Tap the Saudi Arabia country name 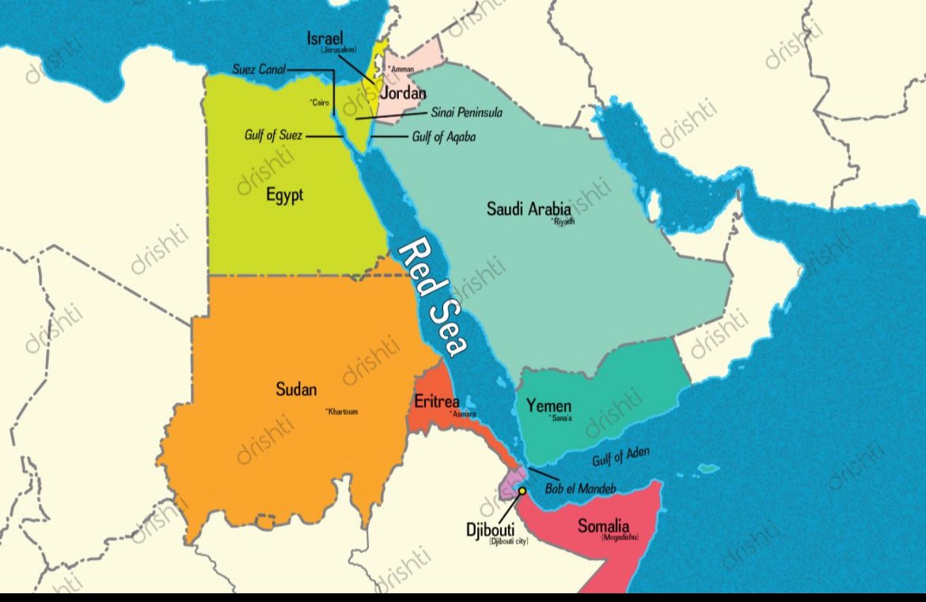tap(528, 209)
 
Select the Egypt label tap(284, 195)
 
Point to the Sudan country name tap(296, 389)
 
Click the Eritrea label tap(437, 402)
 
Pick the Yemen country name tap(548, 406)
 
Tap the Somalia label tap(603, 525)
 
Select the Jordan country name tap(403, 93)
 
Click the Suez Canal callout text tap(259, 69)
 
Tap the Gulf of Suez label tap(273, 135)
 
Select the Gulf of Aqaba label tap(444, 137)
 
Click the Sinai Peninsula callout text tap(466, 112)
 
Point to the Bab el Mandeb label tap(580, 489)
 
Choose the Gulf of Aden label tap(621, 456)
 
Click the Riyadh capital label tap(564, 223)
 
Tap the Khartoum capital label tap(342, 411)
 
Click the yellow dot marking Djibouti tap(522, 492)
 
